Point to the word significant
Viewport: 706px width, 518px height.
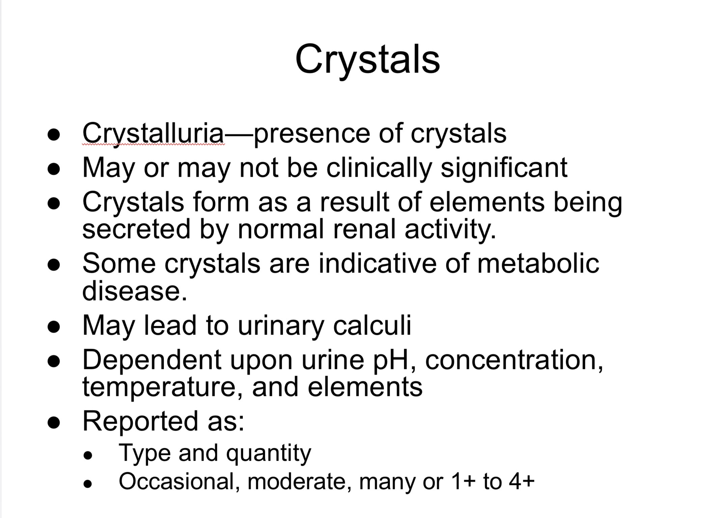click(x=504, y=169)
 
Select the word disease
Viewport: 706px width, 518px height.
click(x=135, y=291)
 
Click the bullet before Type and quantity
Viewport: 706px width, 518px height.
click(x=88, y=456)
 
